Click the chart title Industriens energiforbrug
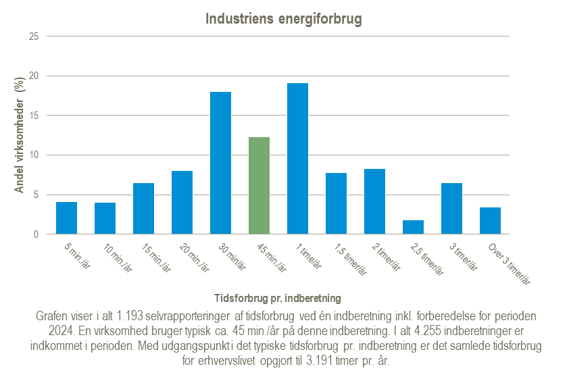(x=284, y=19)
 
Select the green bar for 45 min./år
(x=259, y=186)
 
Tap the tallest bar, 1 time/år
(x=297, y=159)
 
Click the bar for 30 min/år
(x=220, y=163)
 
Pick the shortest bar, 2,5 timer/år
(x=413, y=227)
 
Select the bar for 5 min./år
(x=66, y=218)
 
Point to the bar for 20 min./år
(x=182, y=203)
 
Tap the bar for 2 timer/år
(x=374, y=201)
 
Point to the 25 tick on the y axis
(x=34, y=36)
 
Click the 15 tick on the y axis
(x=34, y=116)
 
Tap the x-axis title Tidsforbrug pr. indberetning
(x=277, y=297)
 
